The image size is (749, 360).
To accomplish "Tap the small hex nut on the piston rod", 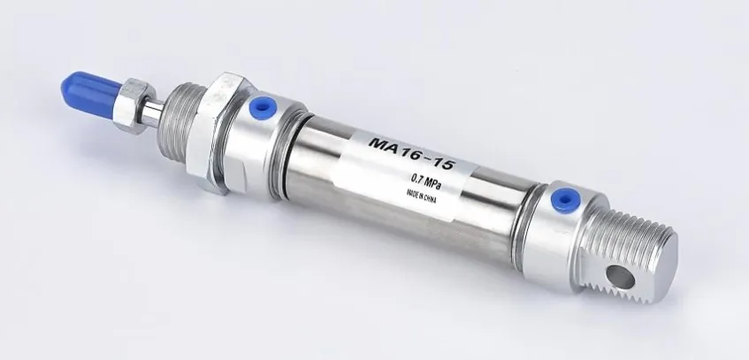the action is coord(134,105).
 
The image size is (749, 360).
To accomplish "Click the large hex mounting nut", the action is coord(218,133).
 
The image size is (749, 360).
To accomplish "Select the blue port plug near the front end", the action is coord(263,107).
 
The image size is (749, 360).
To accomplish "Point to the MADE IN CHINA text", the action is coord(421,196).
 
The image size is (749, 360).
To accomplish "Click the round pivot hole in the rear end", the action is coord(620,277).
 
